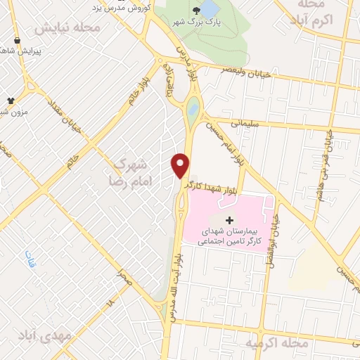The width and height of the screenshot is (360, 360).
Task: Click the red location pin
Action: click(x=181, y=165)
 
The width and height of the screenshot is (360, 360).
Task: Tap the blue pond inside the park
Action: click(x=210, y=10)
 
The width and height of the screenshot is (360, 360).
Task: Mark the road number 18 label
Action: click(x=109, y=303)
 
